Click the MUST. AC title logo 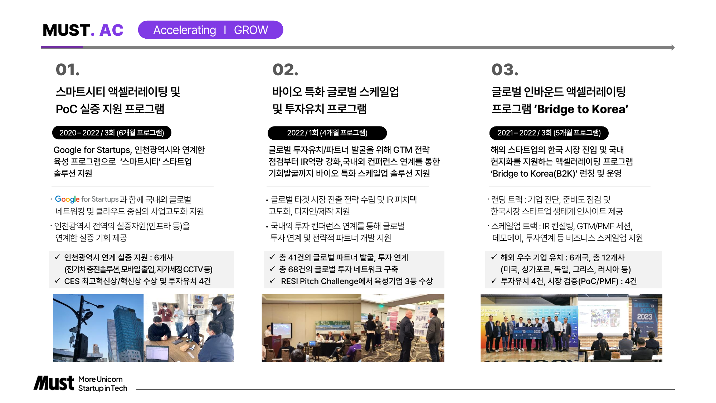click(x=83, y=30)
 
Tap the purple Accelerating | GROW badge click(x=210, y=30)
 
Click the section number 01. click(x=68, y=69)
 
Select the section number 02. click(x=285, y=69)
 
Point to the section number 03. click(x=505, y=69)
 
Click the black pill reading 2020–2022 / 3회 click(x=112, y=133)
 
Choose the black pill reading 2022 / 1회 click(x=327, y=133)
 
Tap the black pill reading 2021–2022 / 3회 click(x=549, y=133)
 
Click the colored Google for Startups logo click(x=87, y=199)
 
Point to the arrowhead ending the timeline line click(x=673, y=47)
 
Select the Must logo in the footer click(x=54, y=383)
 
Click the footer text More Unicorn click(x=101, y=379)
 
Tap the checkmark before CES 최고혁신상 click(x=57, y=281)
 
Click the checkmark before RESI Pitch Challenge click(x=272, y=281)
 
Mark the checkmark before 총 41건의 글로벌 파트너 click(x=272, y=257)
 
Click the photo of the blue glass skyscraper click(x=98, y=328)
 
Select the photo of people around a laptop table click(x=189, y=328)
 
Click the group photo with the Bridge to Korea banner click(x=529, y=328)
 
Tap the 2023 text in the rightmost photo click(x=644, y=317)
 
